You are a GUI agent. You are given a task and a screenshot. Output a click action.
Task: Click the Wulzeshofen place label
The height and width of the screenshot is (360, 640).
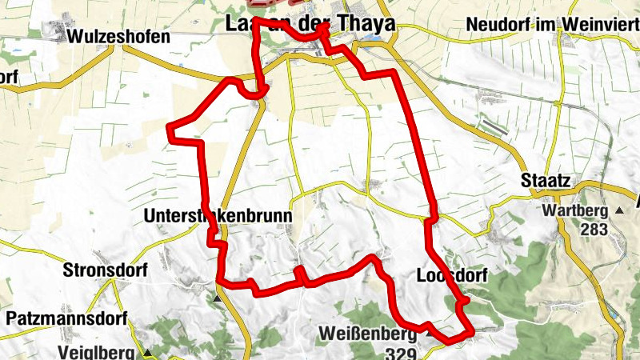[x=119, y=37]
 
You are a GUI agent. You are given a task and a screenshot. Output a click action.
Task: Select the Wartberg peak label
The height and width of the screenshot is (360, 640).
[x=576, y=211]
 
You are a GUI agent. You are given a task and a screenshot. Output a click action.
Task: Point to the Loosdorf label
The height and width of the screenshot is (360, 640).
[x=452, y=276]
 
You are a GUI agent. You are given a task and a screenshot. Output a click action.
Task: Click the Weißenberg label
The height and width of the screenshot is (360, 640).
[x=366, y=333]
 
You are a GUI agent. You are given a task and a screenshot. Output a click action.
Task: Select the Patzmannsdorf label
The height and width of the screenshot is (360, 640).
[x=62, y=318]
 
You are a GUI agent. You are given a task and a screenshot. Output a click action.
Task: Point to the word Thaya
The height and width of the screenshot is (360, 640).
[x=364, y=24]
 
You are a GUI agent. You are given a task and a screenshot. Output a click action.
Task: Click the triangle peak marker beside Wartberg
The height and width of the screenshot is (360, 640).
[x=620, y=211]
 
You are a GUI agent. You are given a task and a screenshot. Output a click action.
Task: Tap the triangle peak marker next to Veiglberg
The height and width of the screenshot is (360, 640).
[x=148, y=352]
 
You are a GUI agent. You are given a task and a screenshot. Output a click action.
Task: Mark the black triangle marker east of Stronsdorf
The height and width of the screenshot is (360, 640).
[x=218, y=298]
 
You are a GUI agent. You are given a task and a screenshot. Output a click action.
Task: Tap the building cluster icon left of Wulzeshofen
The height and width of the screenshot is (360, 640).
[x=54, y=30]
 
